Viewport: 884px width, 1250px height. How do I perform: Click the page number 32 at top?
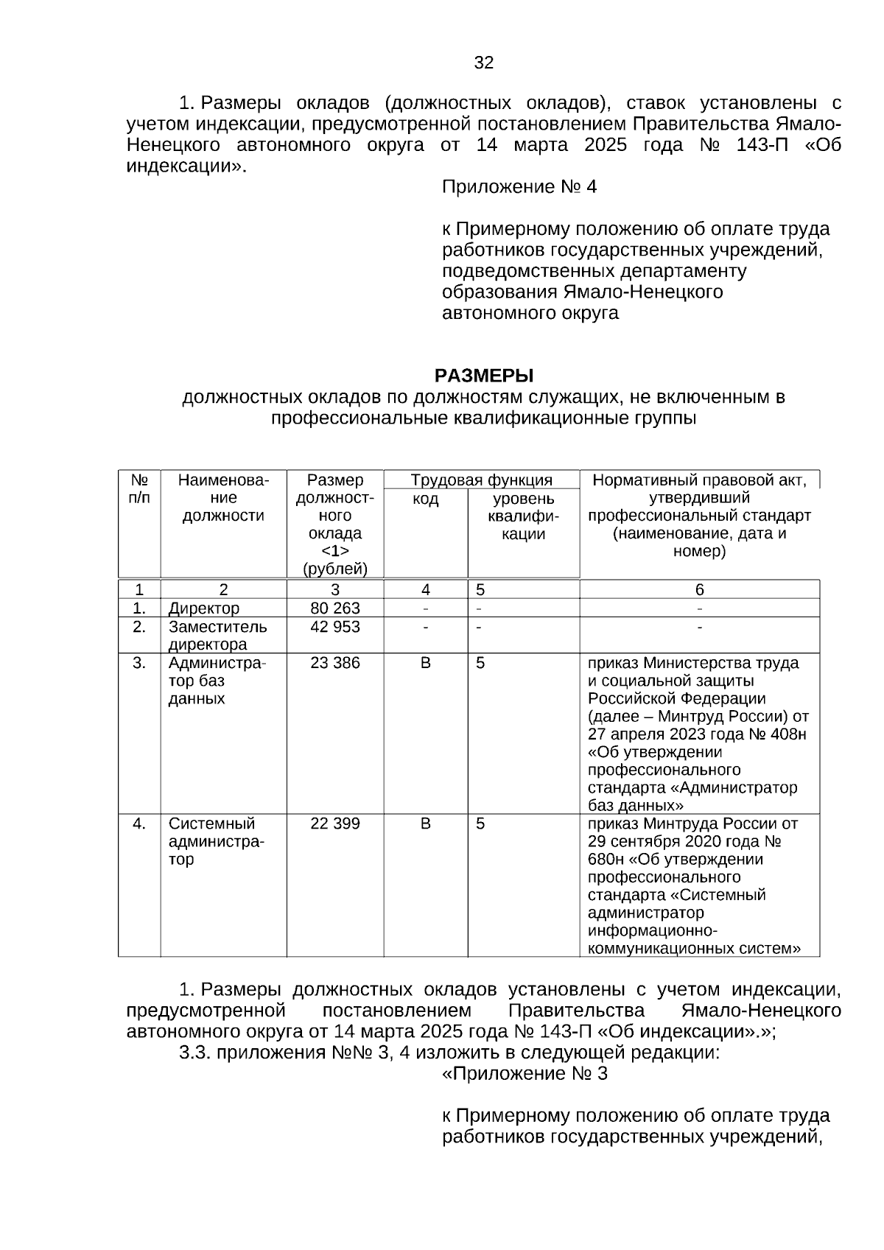tap(483, 63)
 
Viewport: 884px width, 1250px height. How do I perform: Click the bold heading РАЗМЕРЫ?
tap(483, 376)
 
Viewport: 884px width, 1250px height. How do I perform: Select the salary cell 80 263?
tap(335, 608)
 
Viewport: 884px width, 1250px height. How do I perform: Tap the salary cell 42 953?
tap(335, 627)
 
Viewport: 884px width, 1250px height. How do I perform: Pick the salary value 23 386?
tap(335, 663)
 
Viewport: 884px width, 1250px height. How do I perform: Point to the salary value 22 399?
tap(335, 824)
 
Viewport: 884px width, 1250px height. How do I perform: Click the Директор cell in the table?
tap(204, 608)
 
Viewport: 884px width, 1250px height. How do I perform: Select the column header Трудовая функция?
tap(481, 481)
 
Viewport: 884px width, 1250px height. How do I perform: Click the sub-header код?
tap(425, 499)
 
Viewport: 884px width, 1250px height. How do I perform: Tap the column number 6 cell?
tap(699, 589)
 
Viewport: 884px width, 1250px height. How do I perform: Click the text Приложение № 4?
tap(519, 187)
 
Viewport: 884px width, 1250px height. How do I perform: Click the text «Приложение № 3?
tap(524, 1074)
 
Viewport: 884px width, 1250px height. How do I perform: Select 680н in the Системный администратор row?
tap(603, 860)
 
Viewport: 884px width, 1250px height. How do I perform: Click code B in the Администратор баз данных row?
tap(425, 663)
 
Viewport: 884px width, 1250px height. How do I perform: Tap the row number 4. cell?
tap(139, 824)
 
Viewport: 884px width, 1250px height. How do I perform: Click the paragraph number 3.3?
tap(194, 1053)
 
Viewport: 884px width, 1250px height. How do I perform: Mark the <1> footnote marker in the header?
tap(335, 551)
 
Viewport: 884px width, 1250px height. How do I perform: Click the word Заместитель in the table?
tap(217, 627)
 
